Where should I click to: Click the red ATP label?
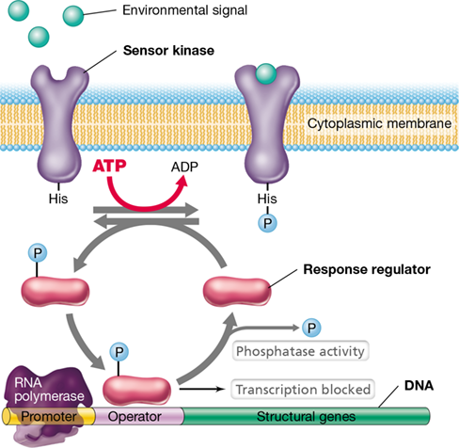(x=109, y=166)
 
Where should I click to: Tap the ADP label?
(x=184, y=167)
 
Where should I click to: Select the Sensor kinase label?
(x=168, y=51)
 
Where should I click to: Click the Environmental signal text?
(x=184, y=10)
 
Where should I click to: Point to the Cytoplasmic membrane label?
(x=379, y=123)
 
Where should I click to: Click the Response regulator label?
(x=367, y=269)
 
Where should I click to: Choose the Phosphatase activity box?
(x=300, y=351)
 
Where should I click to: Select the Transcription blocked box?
(x=303, y=390)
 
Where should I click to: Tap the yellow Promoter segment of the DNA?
(x=49, y=416)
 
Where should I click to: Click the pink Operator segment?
(x=138, y=416)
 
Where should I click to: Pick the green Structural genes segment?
(x=306, y=416)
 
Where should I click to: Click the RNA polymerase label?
(x=49, y=390)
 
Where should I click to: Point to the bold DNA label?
(x=419, y=386)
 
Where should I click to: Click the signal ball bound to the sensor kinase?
(x=266, y=73)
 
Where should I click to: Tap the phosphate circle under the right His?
(x=267, y=223)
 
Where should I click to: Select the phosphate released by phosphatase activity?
(x=311, y=328)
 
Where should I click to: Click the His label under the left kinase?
(x=58, y=199)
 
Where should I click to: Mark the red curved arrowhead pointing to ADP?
(x=182, y=182)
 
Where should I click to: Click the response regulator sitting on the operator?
(x=137, y=391)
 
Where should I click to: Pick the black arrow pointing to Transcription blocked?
(x=202, y=390)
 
